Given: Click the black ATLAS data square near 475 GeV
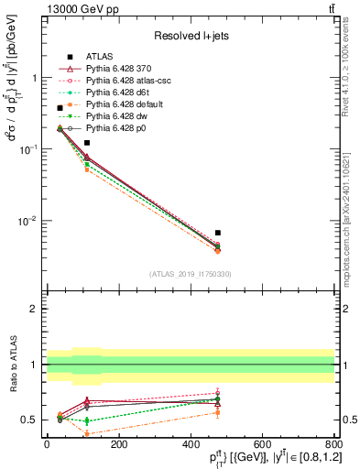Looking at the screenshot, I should (x=217, y=233).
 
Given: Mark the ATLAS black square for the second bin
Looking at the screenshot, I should (x=87, y=143).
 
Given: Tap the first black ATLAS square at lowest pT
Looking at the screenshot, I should (x=60, y=108).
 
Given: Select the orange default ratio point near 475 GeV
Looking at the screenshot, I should (x=217, y=412).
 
